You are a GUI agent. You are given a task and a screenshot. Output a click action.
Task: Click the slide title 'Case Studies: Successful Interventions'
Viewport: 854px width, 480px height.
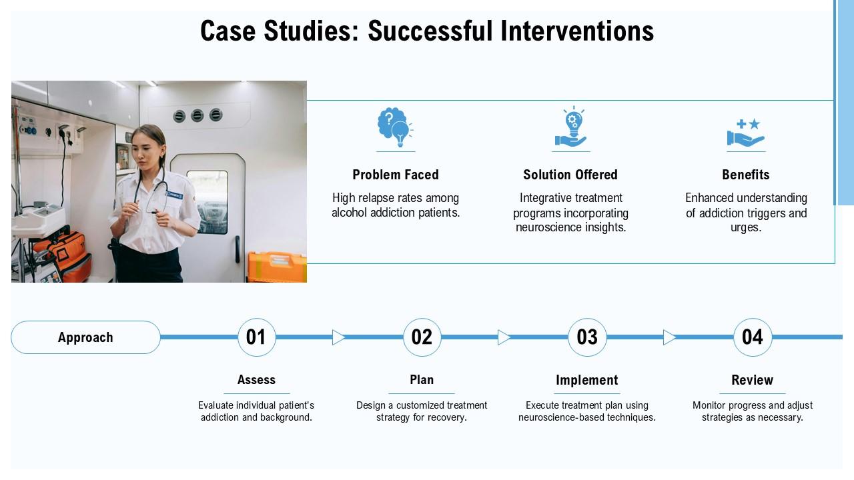(427, 31)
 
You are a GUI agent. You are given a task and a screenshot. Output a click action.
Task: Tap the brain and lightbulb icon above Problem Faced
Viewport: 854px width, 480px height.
(394, 128)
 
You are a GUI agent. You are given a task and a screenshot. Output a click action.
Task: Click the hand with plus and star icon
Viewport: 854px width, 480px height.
(745, 133)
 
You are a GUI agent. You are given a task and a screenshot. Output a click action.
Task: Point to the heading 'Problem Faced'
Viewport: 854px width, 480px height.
(396, 175)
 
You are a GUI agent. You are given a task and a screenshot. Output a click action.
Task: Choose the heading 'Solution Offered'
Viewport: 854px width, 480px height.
(570, 175)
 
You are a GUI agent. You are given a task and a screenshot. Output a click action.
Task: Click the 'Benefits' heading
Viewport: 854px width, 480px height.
(745, 175)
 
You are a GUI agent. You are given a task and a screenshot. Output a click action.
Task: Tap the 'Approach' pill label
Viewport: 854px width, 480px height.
(85, 337)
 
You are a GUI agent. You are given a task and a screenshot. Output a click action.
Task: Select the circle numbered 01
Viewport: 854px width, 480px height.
(256, 337)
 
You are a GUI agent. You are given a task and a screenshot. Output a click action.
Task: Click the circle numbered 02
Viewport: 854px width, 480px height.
(422, 337)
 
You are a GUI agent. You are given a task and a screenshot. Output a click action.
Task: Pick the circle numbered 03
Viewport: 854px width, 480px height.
(587, 337)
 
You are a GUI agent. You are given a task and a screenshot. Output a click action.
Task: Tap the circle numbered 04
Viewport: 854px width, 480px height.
(753, 337)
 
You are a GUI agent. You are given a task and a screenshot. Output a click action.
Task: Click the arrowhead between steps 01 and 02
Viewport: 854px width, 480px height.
(338, 337)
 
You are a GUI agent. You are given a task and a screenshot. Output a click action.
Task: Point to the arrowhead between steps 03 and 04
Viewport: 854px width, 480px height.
(669, 337)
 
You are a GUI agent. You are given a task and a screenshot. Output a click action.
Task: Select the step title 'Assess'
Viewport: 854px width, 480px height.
(256, 380)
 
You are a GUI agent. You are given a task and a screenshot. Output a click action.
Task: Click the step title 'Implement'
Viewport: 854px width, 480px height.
(587, 380)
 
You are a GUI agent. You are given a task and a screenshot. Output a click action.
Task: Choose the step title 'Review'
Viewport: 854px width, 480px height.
(752, 380)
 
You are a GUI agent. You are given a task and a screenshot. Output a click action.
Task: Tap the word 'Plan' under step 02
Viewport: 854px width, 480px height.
(422, 380)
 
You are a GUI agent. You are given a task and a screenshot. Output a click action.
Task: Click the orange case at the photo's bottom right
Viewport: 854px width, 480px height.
(277, 267)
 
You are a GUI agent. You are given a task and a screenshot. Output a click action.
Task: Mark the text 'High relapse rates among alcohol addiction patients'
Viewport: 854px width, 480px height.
(396, 205)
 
